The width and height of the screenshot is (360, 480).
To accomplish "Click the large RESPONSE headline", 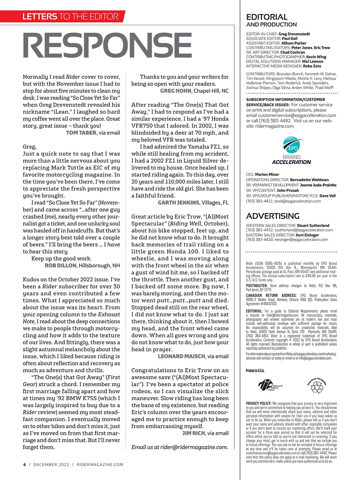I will click(x=108, y=46).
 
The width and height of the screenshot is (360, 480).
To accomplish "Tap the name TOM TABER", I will click(x=81, y=133).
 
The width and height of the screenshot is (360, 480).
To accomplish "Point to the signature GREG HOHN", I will click(x=176, y=91).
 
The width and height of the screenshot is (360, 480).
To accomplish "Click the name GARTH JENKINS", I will click(x=178, y=202).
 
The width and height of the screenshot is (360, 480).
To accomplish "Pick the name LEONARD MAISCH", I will click(x=181, y=356).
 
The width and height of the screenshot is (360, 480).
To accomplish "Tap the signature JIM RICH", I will click(x=193, y=433).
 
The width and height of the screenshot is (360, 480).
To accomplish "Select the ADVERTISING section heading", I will click(x=273, y=216).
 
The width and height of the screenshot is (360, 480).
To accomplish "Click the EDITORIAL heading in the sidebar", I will click(x=267, y=17).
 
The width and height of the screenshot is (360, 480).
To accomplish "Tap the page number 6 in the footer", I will click(x=25, y=465).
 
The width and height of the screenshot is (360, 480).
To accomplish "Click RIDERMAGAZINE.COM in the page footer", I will click(x=100, y=465).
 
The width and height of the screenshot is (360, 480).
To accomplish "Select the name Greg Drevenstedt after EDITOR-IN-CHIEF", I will click(x=294, y=34).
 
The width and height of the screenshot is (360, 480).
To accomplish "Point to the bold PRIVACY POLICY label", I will click(x=259, y=404).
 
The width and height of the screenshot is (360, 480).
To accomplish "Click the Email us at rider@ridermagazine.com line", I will click(x=180, y=447).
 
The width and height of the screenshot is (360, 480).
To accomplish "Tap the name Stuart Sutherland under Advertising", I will click(x=313, y=225).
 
